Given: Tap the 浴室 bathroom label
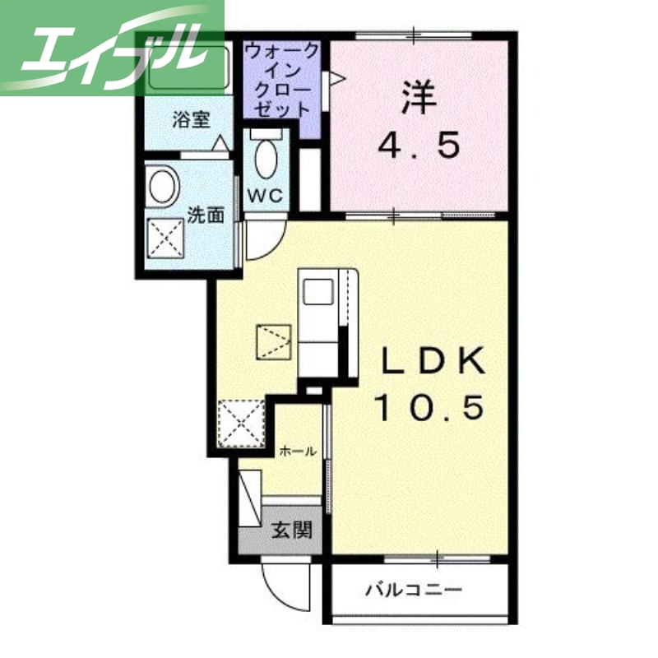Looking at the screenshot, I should coord(190,120).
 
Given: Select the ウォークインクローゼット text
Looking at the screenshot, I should coord(281,80).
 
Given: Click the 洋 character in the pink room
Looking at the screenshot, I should coord(417,96).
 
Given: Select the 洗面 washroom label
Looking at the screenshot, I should coord(206,215).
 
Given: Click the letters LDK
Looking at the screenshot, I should coord(433,360).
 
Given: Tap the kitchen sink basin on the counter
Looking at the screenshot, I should coord(317,292).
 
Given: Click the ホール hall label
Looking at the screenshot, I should coord(297,451).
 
